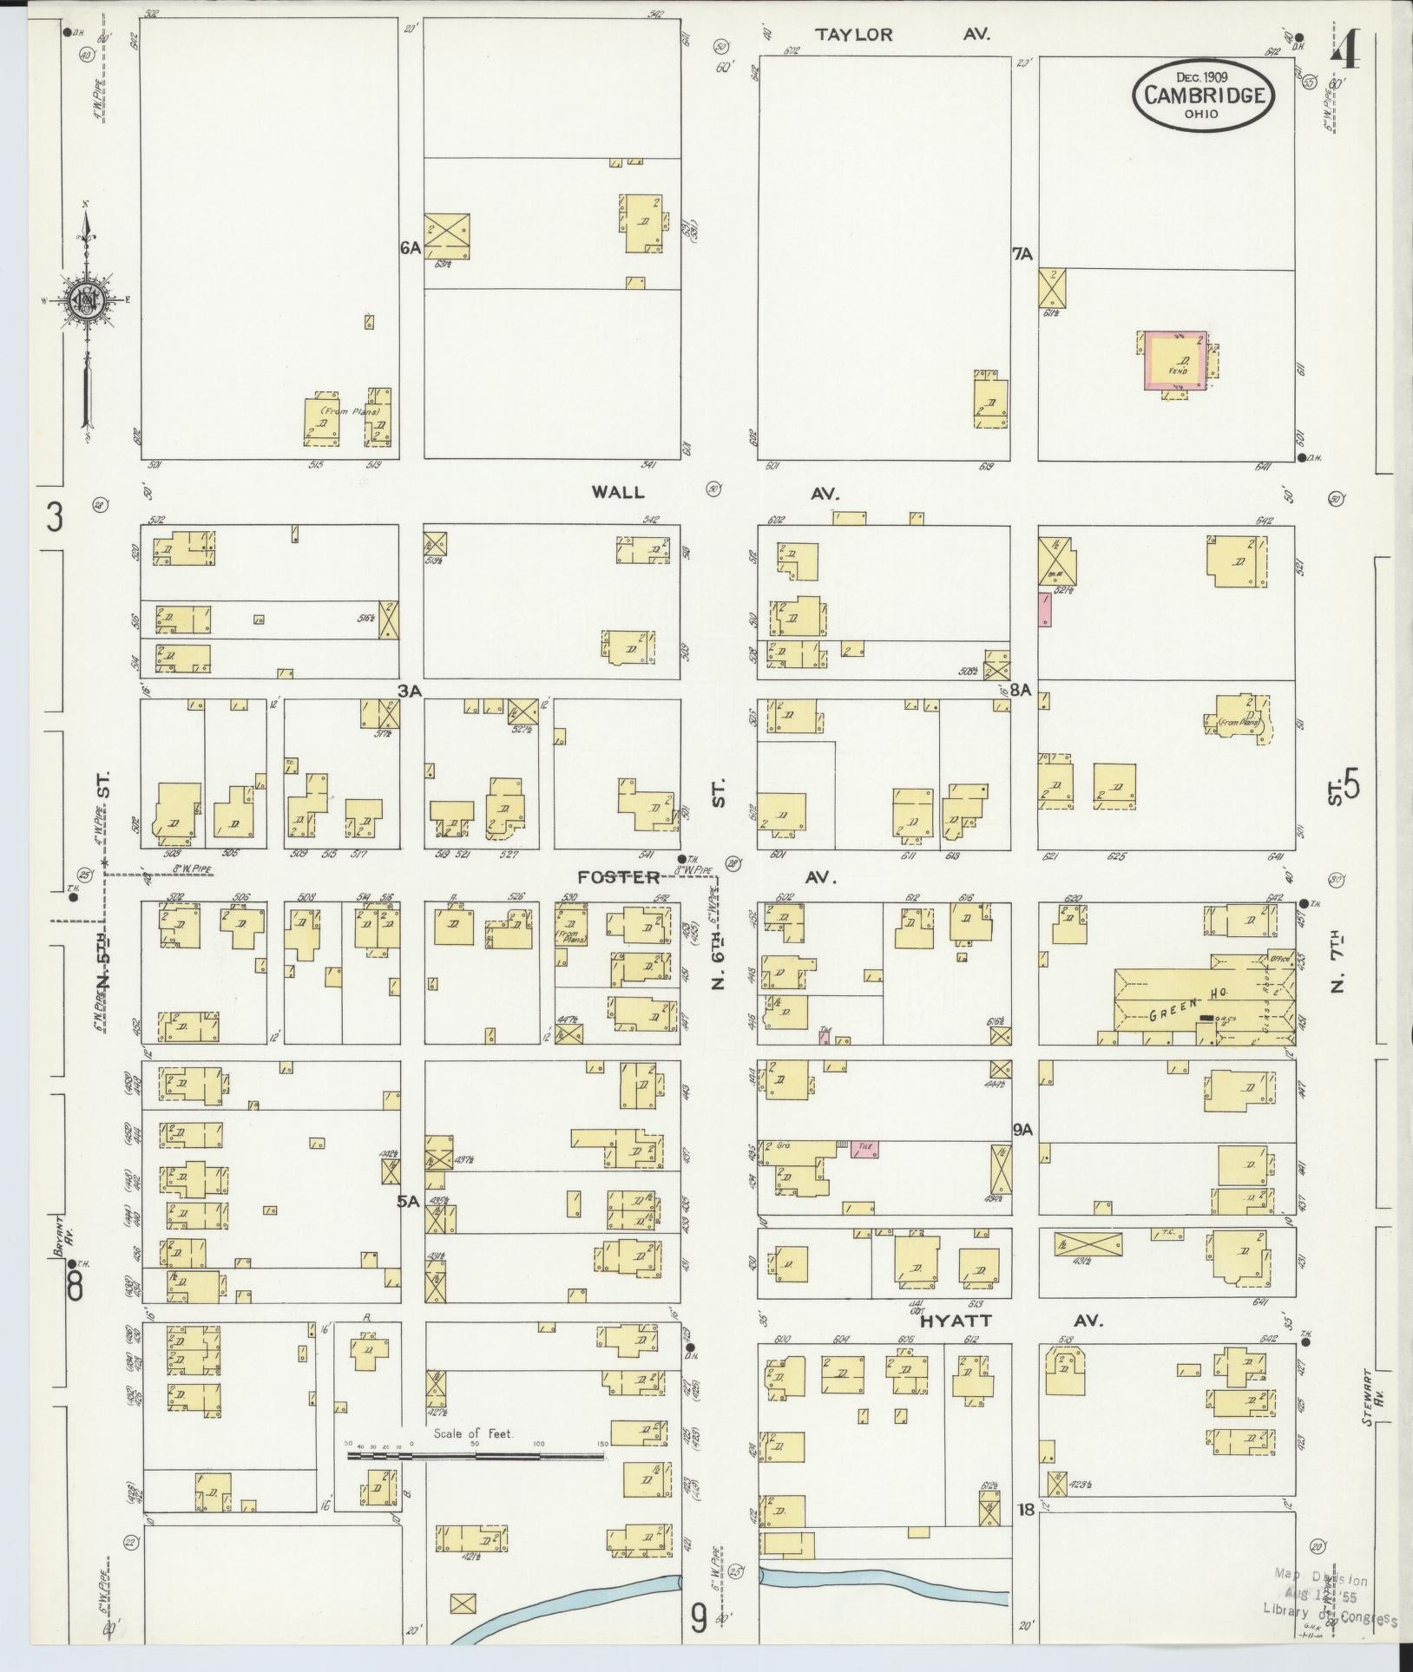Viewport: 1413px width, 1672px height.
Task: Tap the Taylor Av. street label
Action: (x=903, y=35)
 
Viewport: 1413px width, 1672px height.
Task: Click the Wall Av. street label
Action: (x=717, y=492)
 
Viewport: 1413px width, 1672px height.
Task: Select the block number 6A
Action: (x=411, y=248)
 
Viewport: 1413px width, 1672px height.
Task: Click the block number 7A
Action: (x=1023, y=254)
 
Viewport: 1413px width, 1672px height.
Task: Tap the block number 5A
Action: (x=408, y=1202)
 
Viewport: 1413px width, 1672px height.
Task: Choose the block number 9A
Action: (x=1024, y=1130)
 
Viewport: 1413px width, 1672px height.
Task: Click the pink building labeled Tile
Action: (x=864, y=1148)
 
